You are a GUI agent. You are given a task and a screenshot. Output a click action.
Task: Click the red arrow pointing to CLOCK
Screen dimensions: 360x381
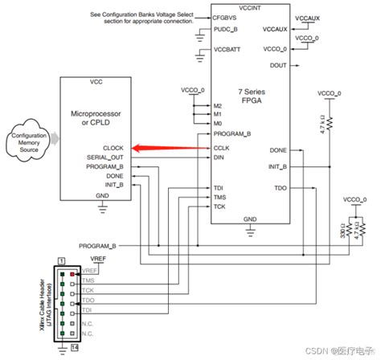165,147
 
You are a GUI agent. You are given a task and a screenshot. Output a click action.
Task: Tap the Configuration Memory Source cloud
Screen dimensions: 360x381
27,142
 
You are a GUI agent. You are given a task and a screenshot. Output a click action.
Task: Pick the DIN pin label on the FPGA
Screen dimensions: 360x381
218,158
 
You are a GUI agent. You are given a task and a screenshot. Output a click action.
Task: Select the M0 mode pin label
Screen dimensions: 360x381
217,124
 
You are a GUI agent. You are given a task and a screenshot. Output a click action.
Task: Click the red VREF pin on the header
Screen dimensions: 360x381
72,274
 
